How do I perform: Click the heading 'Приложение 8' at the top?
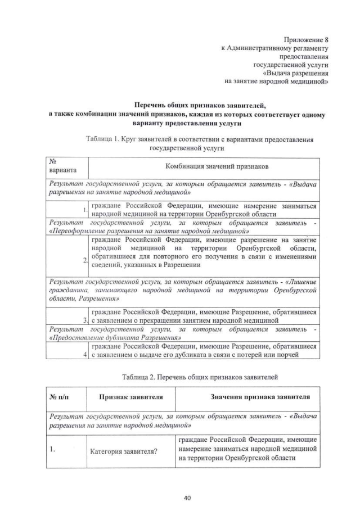coord(307,40)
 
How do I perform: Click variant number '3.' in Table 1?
coord(85,320)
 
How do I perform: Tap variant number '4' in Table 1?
coord(85,354)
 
